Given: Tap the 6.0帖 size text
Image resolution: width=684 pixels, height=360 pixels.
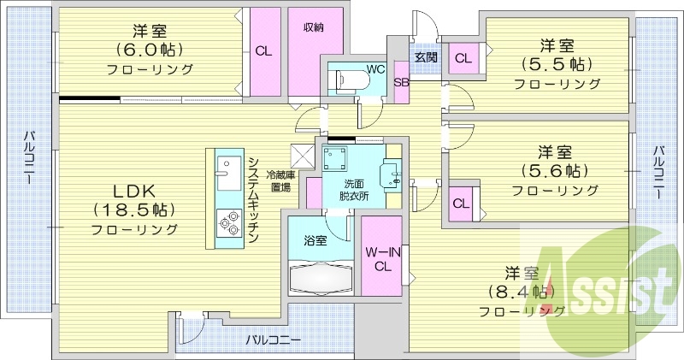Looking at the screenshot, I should [151, 50].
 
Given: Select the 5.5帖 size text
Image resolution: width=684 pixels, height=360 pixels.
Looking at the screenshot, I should [556, 64].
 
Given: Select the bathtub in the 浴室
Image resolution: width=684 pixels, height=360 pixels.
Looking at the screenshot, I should [322, 278].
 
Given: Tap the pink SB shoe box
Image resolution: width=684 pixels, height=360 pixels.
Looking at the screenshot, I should [400, 83].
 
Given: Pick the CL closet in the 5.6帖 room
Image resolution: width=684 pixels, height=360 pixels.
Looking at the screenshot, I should [460, 204].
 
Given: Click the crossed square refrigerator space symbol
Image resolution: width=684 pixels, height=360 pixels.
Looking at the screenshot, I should [301, 155].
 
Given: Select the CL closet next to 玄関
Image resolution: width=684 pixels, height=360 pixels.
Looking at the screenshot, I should [463, 57].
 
